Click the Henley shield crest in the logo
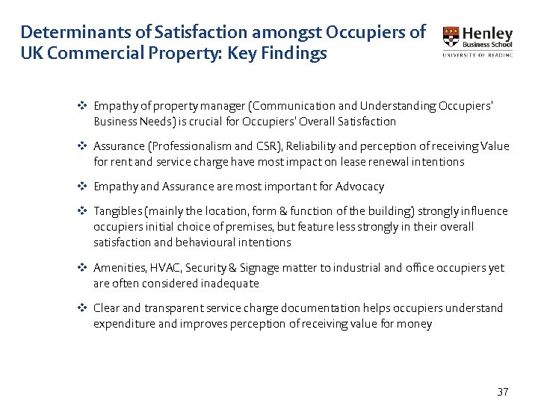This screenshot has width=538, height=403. (451, 37)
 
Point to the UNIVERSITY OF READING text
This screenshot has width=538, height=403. (477, 54)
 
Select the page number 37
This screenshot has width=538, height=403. (502, 392)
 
